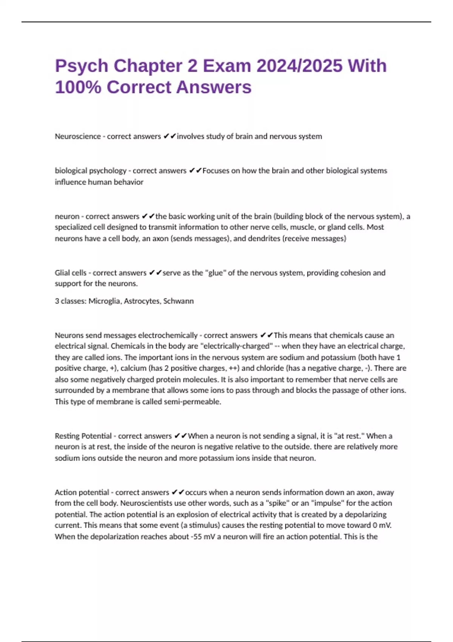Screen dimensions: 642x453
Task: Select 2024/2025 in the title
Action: tap(300, 66)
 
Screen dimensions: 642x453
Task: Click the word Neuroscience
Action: tap(78, 136)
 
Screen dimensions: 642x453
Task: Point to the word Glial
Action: tap(62, 273)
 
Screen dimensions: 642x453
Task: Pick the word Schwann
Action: tap(179, 301)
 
